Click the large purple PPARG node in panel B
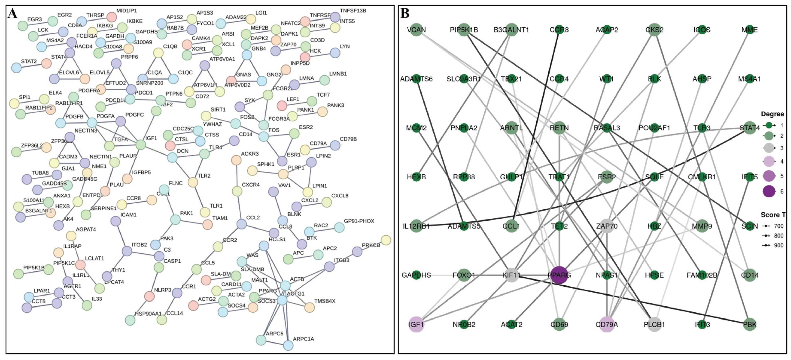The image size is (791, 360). [x=559, y=275]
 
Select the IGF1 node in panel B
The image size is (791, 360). [x=416, y=324]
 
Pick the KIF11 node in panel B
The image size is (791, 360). [x=511, y=275]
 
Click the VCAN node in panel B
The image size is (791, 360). [x=416, y=30]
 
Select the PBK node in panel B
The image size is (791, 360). [x=750, y=324]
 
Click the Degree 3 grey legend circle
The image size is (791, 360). [x=769, y=148]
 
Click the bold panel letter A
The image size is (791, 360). [x=12, y=13]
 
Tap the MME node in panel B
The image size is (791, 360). [x=750, y=30]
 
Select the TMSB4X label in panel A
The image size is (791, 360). [x=325, y=301]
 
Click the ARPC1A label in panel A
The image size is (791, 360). [x=303, y=339]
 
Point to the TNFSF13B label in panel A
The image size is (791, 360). [x=353, y=11]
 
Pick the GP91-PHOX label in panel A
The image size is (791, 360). [x=359, y=221]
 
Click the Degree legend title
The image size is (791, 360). [x=772, y=114]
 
